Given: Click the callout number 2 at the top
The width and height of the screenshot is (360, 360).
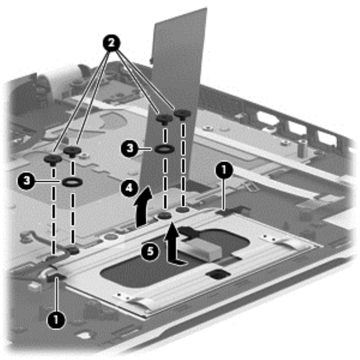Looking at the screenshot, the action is point(112,42).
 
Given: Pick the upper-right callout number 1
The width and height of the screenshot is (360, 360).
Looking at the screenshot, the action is point(222,171).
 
